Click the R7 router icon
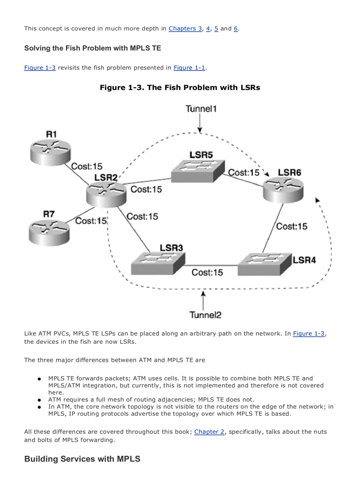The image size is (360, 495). tap(49, 231)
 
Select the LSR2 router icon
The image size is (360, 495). tap(106, 194)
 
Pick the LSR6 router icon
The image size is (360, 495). tap(284, 190)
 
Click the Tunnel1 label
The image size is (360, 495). tap(201, 108)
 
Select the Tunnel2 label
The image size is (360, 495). tap(205, 314)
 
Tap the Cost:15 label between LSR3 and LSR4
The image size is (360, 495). tap(207, 273)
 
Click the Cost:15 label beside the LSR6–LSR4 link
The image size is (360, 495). tap(292, 226)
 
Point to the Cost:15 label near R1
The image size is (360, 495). tap(86, 166)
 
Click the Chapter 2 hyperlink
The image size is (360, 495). tap(209, 432)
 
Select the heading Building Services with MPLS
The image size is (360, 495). tap(82, 459)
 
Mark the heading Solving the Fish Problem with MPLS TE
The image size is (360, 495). tap(92, 48)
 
